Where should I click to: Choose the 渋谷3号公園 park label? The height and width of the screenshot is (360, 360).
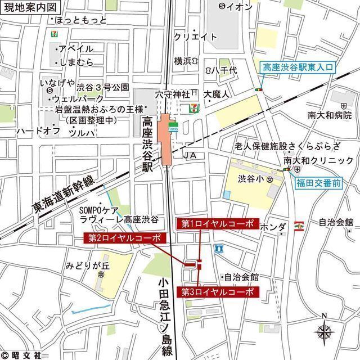click(103, 88)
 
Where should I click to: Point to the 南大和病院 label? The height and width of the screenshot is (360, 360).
click(330, 115)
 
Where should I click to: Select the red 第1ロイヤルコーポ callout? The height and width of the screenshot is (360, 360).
click(218, 224)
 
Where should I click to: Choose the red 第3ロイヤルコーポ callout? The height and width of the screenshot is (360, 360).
click(218, 292)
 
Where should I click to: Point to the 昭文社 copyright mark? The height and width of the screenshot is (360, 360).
click(21, 354)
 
